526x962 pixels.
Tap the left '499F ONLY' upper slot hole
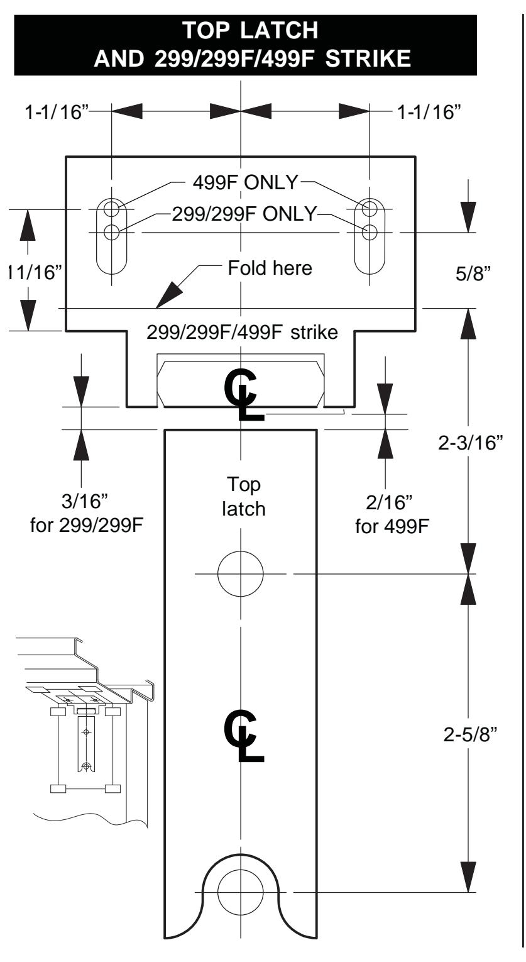pos(112,208)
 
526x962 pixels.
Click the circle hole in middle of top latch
pos(241,573)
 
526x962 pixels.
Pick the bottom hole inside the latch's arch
pos(241,892)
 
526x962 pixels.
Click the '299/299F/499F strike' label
pos(241,332)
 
